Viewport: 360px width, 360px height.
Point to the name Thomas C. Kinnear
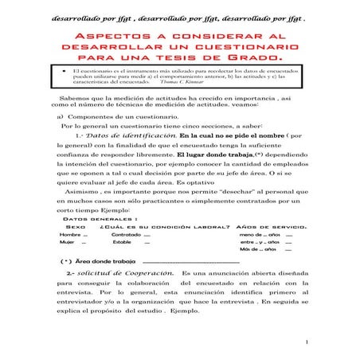[182, 82]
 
